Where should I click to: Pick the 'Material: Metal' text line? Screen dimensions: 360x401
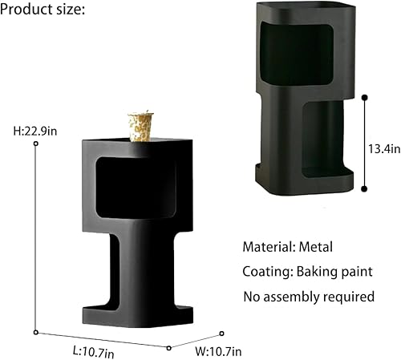tap(287, 247)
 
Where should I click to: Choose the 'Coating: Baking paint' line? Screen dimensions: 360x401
tap(309, 271)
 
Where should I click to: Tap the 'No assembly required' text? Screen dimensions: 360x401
tap(309, 296)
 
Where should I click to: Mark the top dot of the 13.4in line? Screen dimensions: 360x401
tap(365, 98)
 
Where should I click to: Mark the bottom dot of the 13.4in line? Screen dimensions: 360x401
tap(365, 189)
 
